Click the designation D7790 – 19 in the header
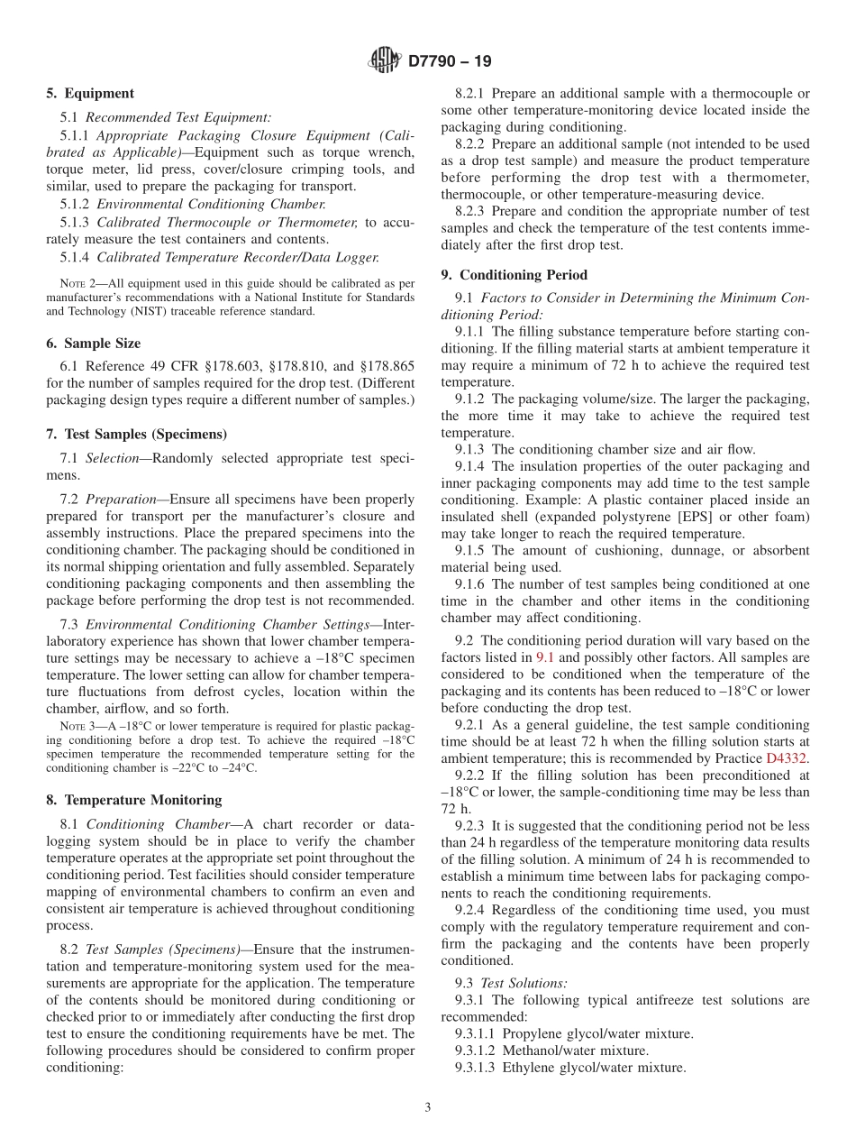(450, 62)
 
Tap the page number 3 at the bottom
(428, 1108)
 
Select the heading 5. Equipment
(90, 94)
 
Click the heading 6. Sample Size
(94, 344)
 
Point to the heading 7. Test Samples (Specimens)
(136, 434)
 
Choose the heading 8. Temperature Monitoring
(133, 800)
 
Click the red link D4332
(788, 757)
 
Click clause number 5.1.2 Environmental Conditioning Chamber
(76, 204)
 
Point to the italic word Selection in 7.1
(114, 458)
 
